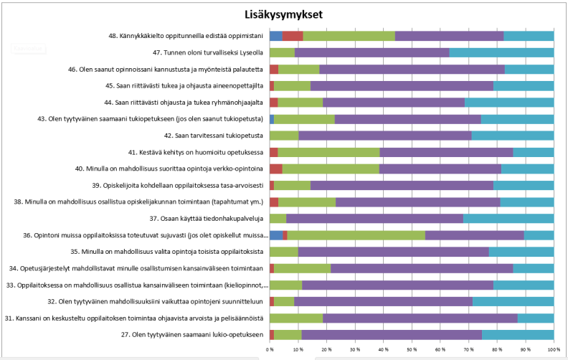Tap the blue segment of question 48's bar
coord(275,36)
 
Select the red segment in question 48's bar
coord(293,36)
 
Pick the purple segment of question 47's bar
coord(371,52)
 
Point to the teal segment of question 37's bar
coord(508,218)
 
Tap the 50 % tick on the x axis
coord(412,349)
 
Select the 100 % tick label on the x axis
coord(552,349)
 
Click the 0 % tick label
coord(270,349)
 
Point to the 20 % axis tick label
coord(326,349)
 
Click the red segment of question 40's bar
coord(275,169)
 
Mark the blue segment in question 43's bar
coord(272,119)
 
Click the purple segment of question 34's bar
coord(422,268)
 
